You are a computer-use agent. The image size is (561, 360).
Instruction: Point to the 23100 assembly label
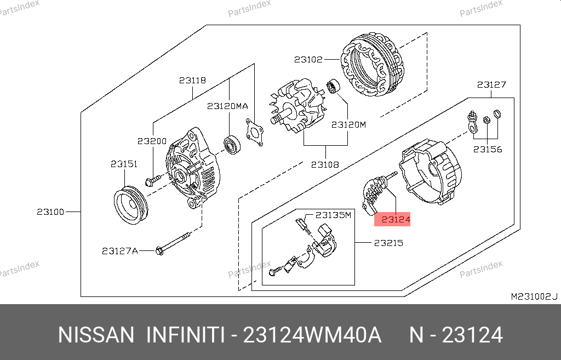pyautogui.click(x=50, y=212)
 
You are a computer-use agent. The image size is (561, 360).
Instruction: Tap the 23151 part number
pyautogui.click(x=124, y=164)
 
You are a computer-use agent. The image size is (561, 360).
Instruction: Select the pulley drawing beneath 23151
pyautogui.click(x=131, y=205)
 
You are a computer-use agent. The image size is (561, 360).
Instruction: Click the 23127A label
pyautogui.click(x=120, y=251)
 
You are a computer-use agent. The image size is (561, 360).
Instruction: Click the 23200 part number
pyautogui.click(x=152, y=141)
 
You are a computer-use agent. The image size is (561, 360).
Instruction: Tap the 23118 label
pyautogui.click(x=192, y=80)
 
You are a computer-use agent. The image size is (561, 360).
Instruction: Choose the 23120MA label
pyautogui.click(x=227, y=106)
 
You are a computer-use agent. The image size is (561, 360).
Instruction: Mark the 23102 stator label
pyautogui.click(x=308, y=59)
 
